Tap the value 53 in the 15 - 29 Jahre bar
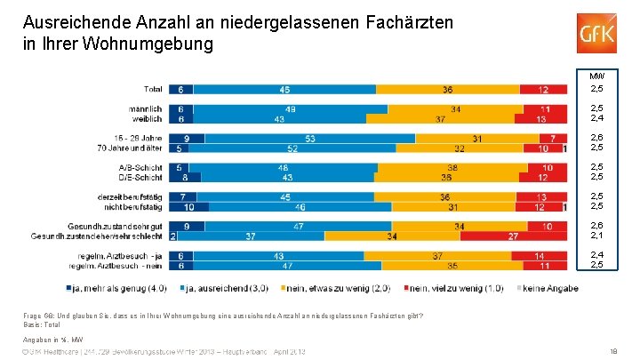pyautogui.click(x=309, y=138)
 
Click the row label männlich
pyautogui.click(x=145, y=108)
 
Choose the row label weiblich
pyautogui.click(x=147, y=118)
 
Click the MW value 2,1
pyautogui.click(x=597, y=236)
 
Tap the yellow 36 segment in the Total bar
pyautogui.click(x=451, y=89)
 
